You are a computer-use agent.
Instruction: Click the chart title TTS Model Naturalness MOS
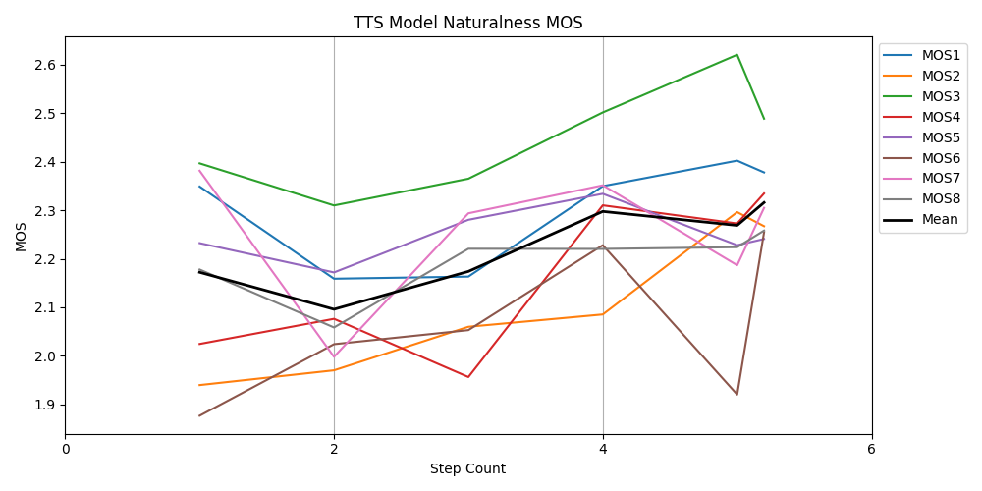tap(467, 23)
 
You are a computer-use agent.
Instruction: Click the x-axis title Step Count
tap(467, 468)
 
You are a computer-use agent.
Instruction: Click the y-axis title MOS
tap(21, 236)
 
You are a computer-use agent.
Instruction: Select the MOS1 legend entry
tap(922, 55)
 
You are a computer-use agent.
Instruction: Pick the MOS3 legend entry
tap(922, 96)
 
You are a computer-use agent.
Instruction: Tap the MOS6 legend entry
tap(922, 158)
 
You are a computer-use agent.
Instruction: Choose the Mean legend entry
tap(922, 220)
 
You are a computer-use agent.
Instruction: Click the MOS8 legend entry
tap(922, 199)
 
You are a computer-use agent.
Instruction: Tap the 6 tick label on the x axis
tap(871, 449)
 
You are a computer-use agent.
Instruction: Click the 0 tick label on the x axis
tap(66, 449)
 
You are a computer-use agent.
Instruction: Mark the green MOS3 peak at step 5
tap(737, 55)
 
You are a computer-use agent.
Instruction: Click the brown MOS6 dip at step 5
tap(737, 395)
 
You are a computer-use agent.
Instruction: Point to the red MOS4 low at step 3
tap(468, 377)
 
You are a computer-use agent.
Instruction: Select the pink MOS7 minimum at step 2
tap(334, 356)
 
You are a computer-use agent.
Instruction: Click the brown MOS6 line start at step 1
tap(199, 415)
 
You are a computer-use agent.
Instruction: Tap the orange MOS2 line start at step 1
tap(199, 385)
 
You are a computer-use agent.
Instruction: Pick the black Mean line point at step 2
tap(334, 309)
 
